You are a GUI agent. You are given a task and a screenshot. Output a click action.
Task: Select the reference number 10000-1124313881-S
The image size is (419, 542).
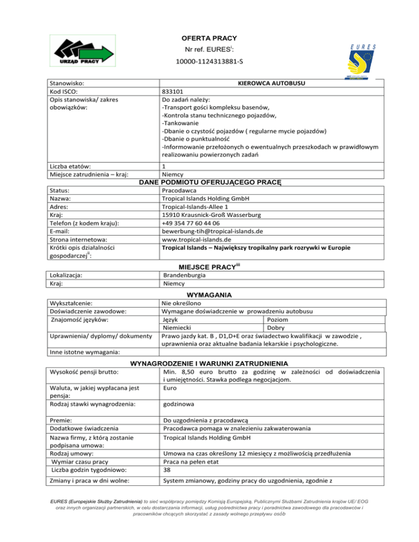click(x=209, y=63)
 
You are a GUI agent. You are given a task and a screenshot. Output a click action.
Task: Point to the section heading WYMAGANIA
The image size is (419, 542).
click(x=210, y=294)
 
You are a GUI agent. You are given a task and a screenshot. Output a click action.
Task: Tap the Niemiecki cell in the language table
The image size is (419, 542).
click(x=178, y=328)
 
